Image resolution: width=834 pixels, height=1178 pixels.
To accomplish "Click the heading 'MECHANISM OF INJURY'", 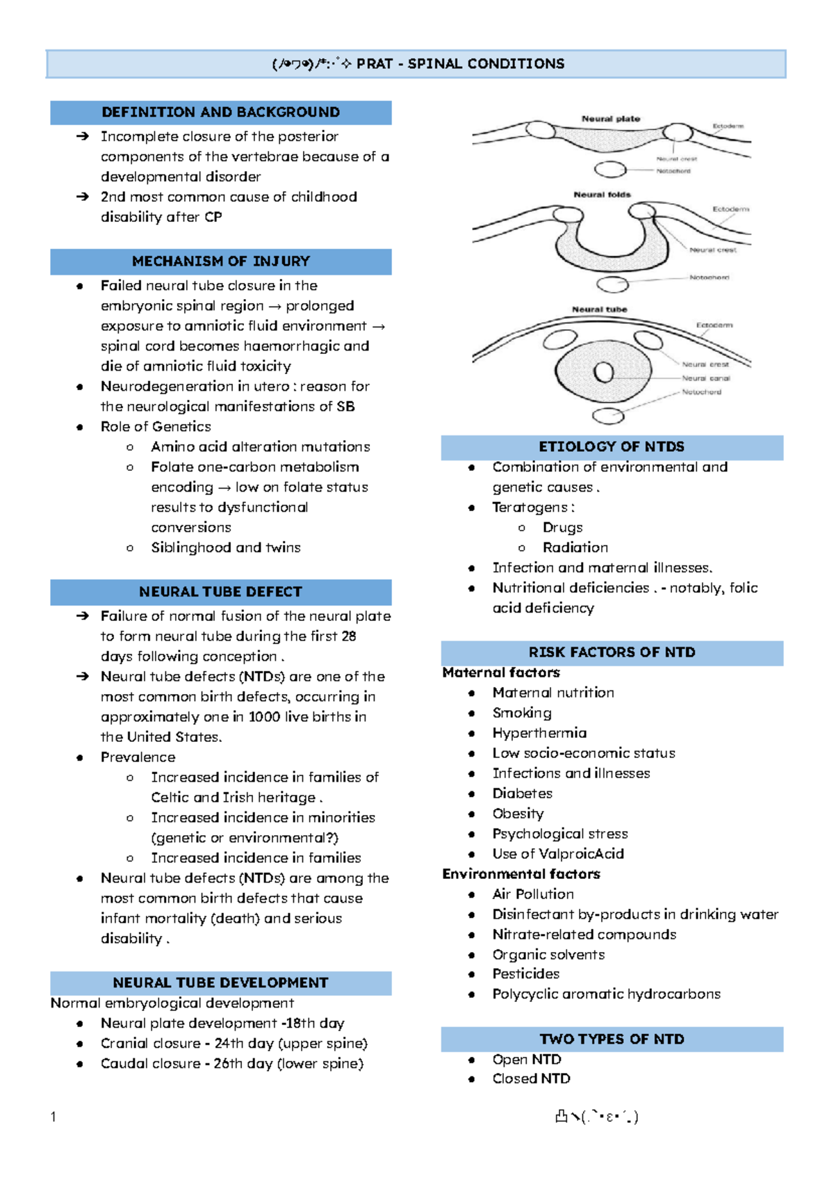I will click(221, 261).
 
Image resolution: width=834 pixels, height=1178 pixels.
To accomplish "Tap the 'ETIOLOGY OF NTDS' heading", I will click(612, 447).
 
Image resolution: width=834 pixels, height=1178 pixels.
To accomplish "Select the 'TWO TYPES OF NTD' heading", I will click(612, 1039).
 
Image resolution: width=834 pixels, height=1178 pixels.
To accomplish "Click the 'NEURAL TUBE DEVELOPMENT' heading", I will click(220, 983).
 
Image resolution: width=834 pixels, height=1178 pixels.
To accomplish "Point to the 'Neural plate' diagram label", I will click(610, 119).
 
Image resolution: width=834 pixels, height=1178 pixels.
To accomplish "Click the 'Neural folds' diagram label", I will click(602, 195).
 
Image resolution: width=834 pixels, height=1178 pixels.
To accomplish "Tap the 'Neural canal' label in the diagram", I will click(705, 378).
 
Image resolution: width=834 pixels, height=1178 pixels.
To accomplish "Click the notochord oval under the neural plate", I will click(610, 169).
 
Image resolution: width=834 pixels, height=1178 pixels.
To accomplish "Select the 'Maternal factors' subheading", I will click(501, 672).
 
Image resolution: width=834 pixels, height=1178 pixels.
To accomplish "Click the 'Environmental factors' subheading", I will click(521, 874).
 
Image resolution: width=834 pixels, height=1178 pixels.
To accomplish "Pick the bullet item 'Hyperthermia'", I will click(539, 733).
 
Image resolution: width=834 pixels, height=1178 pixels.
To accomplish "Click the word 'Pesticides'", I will click(525, 974).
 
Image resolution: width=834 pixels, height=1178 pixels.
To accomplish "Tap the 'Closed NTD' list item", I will click(531, 1079).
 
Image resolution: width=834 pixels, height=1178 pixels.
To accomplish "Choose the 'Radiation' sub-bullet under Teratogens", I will click(575, 548).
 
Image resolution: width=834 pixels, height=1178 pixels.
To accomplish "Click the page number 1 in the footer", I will click(54, 1117).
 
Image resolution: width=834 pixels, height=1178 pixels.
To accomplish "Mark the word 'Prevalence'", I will click(138, 757).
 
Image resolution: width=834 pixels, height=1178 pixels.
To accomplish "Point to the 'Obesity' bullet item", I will click(518, 814).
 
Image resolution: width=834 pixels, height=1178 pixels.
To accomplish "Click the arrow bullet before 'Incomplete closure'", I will click(83, 137).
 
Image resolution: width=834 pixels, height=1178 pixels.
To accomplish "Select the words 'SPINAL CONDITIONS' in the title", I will click(486, 64).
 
